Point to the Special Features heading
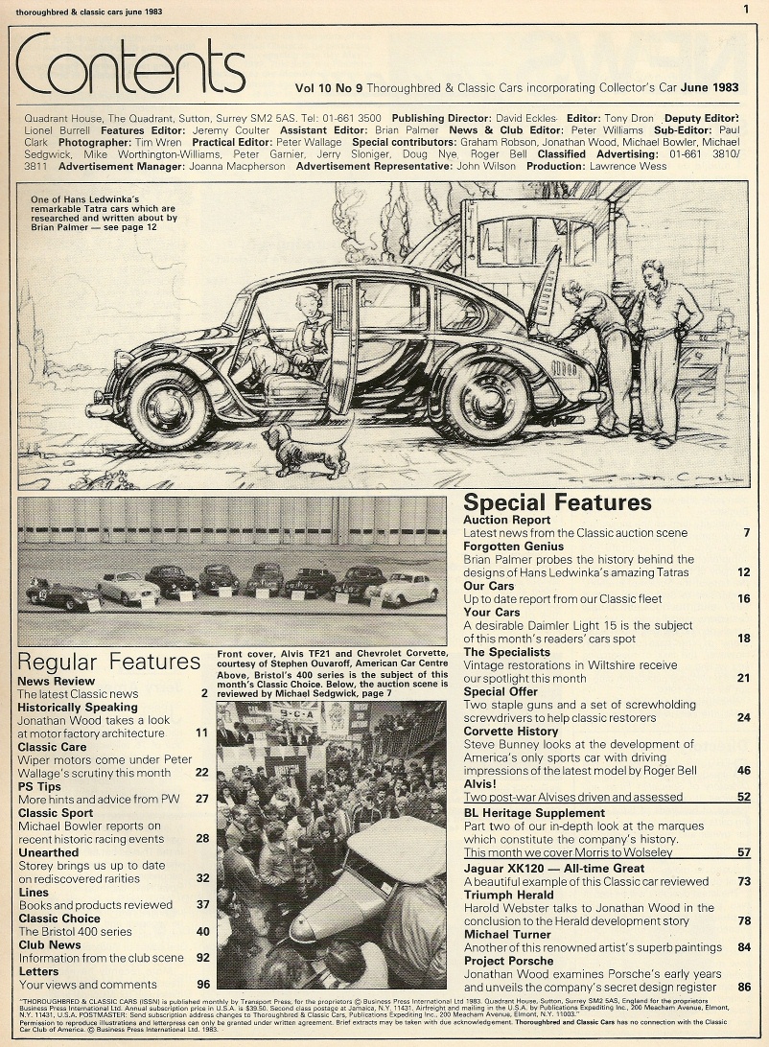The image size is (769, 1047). tap(557, 503)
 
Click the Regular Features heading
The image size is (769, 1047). tap(109, 662)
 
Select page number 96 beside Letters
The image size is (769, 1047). tap(202, 984)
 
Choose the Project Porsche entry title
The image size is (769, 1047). tap(508, 960)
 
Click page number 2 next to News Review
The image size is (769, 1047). tap(204, 693)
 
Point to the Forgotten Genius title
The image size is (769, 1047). tap(513, 547)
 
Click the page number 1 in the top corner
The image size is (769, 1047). tap(746, 10)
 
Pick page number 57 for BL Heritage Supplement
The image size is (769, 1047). tap(743, 851)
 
